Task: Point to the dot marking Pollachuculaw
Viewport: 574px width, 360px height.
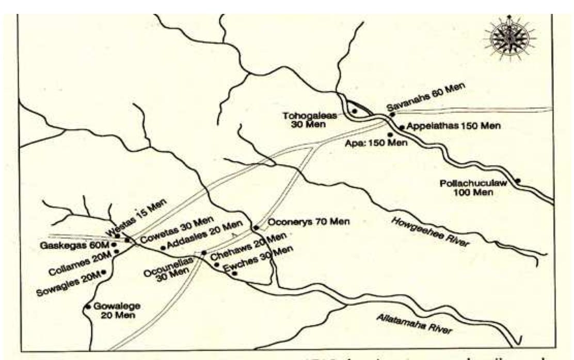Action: (518, 181)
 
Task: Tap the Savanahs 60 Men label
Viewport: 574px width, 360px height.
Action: (426, 99)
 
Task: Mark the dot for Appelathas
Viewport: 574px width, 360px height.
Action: (402, 127)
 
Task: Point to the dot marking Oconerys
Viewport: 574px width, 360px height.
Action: (256, 227)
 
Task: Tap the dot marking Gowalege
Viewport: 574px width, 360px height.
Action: (88, 307)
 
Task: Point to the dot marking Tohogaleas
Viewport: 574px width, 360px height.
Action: (355, 111)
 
